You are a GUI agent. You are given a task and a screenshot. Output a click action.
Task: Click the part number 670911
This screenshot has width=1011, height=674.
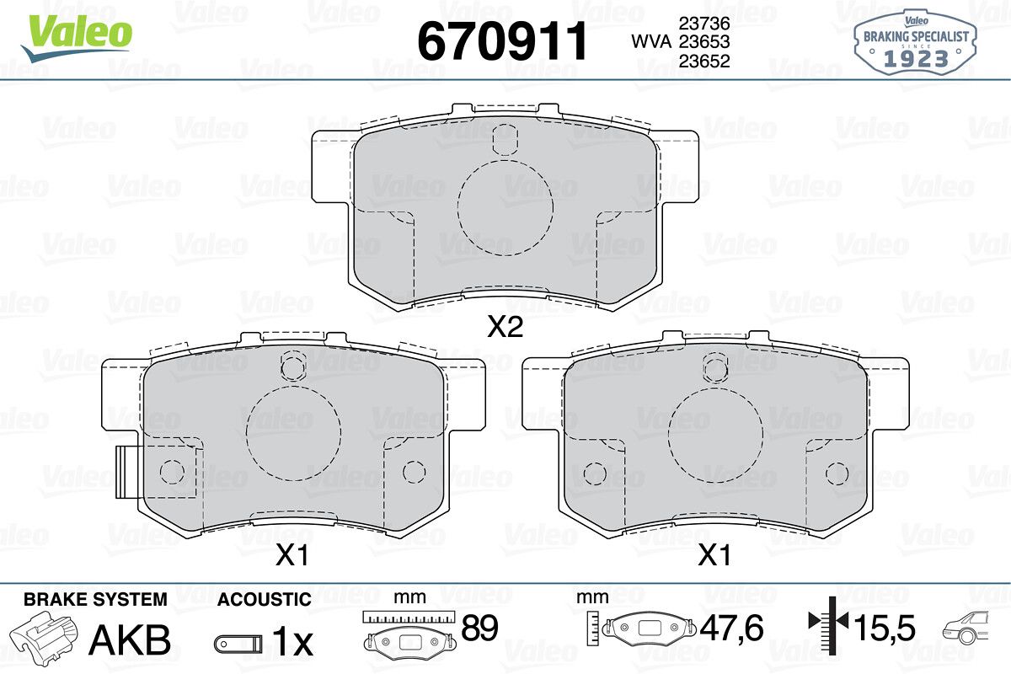502,41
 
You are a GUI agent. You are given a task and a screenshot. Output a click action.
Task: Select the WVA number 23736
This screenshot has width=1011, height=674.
704,23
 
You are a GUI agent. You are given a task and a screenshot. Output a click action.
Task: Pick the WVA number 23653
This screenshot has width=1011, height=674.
704,42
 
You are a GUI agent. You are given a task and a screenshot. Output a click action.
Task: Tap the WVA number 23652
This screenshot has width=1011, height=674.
704,61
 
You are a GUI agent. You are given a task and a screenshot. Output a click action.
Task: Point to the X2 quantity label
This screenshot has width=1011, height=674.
505,326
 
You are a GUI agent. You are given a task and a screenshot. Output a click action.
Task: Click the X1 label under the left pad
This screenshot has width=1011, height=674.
292,555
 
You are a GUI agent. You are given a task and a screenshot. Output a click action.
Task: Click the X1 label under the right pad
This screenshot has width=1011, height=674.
714,555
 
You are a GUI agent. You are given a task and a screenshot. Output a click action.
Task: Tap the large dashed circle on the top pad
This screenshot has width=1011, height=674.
457,207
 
